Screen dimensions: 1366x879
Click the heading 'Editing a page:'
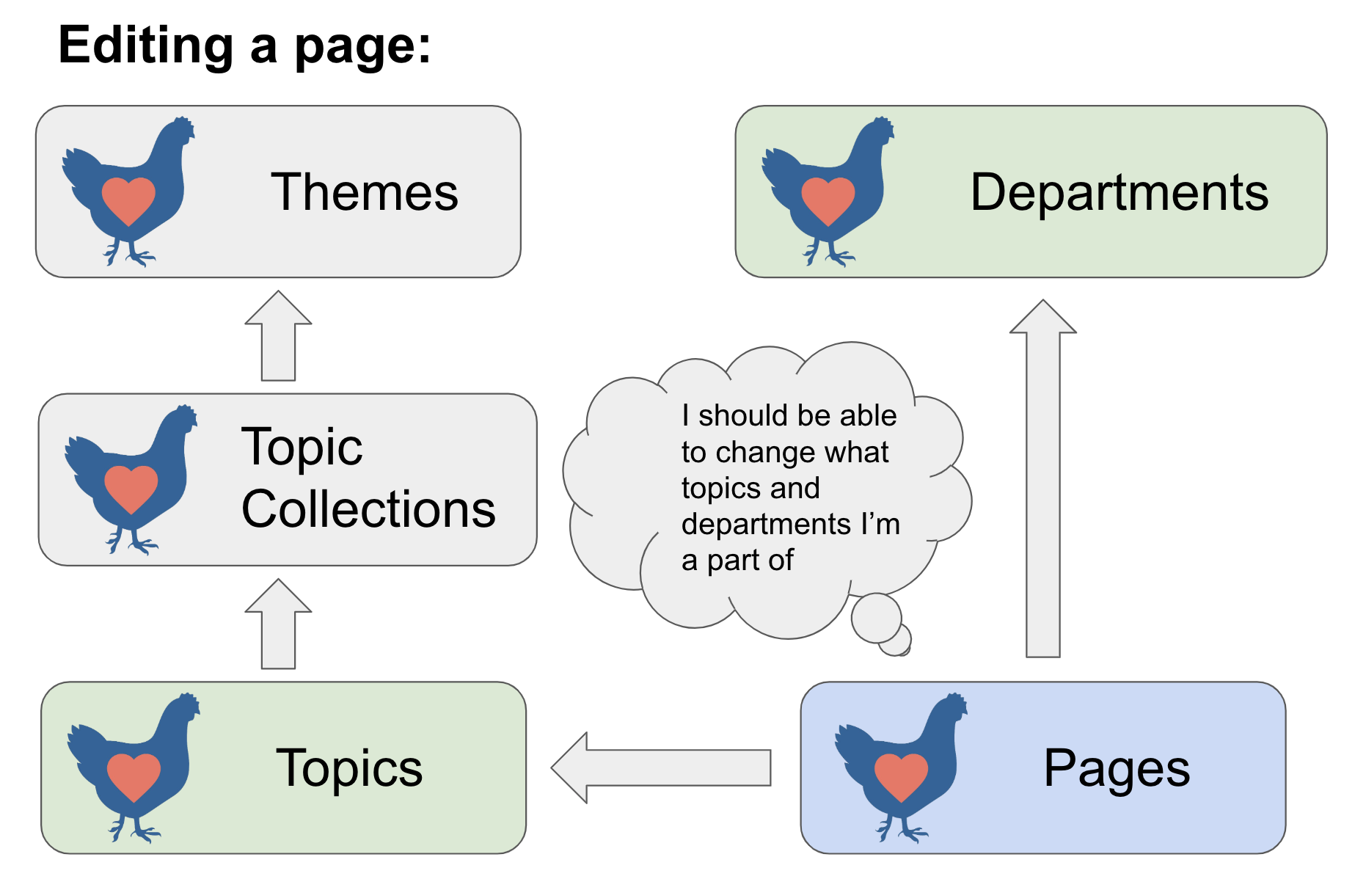(244, 46)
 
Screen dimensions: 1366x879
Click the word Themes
(365, 192)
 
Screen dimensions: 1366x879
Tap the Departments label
(1120, 192)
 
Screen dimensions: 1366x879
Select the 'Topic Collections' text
(368, 478)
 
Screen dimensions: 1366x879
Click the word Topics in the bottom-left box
(349, 769)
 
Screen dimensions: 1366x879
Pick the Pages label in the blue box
(1117, 769)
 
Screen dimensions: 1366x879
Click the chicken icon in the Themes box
(128, 192)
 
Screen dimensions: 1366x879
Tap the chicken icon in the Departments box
(828, 192)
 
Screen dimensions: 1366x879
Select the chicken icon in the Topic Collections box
(131, 479)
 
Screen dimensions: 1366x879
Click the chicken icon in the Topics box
(133, 767)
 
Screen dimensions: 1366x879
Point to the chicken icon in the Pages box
(901, 767)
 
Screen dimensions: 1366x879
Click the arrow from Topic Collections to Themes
(278, 336)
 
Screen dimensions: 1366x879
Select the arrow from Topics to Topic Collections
(278, 624)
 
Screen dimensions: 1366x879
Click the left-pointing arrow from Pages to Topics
(661, 767)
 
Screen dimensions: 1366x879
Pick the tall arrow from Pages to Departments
(1042, 478)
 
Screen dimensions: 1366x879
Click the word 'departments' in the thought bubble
(766, 524)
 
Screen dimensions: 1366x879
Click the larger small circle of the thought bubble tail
(876, 618)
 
